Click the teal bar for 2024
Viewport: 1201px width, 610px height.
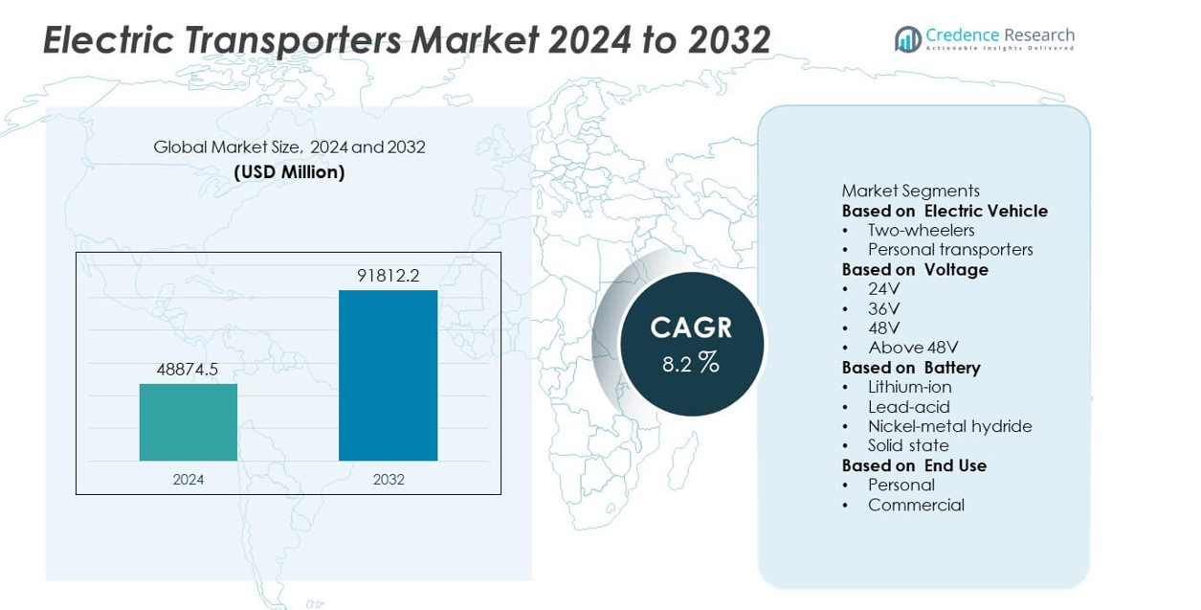tap(189, 422)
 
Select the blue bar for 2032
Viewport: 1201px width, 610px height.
tap(388, 375)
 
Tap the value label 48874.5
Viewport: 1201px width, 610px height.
tap(188, 369)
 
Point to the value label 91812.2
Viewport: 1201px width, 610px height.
tap(388, 276)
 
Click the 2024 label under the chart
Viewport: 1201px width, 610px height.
tap(189, 479)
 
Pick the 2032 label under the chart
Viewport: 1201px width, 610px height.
tap(389, 479)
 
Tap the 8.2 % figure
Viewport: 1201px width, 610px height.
tap(691, 363)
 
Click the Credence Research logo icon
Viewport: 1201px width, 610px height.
tap(907, 39)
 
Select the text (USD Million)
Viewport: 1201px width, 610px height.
tap(289, 172)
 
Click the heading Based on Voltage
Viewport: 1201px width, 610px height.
tap(915, 269)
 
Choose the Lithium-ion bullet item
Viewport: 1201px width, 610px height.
tap(909, 387)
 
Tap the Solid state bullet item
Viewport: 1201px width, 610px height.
tap(908, 445)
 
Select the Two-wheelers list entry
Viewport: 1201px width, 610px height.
tap(921, 230)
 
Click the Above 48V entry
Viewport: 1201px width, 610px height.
tap(913, 348)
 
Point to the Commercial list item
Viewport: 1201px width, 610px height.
tap(916, 505)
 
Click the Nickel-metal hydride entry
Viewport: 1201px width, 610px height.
tap(949, 426)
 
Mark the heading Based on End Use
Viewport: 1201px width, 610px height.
tap(914, 465)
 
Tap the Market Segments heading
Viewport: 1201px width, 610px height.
tap(910, 191)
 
